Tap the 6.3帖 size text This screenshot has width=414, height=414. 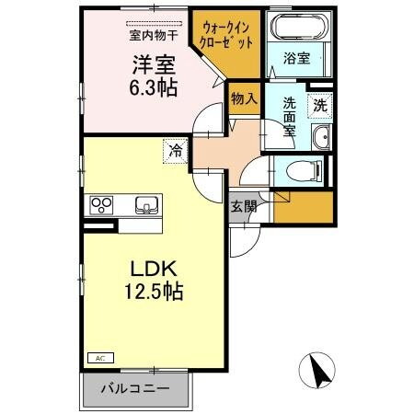pyautogui.click(x=152, y=88)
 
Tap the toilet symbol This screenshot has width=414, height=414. pyautogui.click(x=303, y=170)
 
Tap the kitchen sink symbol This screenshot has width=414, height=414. pyautogui.click(x=145, y=204)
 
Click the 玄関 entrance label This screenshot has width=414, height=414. pyautogui.click(x=244, y=206)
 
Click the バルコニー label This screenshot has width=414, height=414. pyautogui.click(x=139, y=389)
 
